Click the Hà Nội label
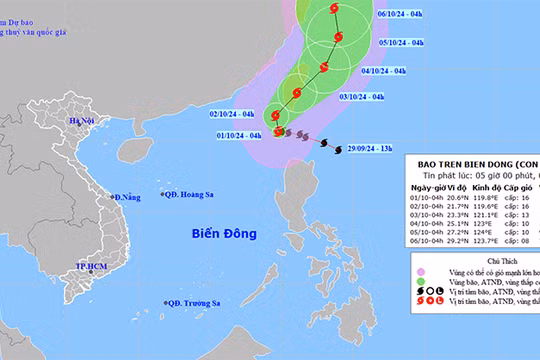tap(80, 121)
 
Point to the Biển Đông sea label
tap(225, 233)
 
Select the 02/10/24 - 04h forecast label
tap(233, 114)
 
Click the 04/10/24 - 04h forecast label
tap(383, 71)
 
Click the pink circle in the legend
tap(421, 270)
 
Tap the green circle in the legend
tap(421, 284)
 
